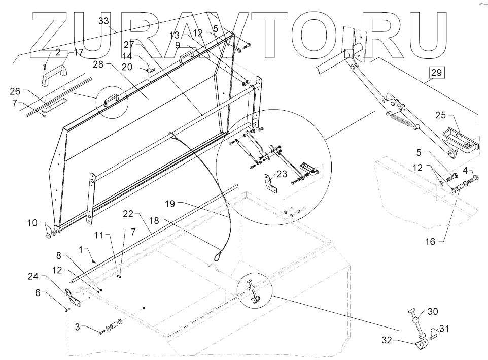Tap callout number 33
tap(103, 21)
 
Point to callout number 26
tap(16, 91)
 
